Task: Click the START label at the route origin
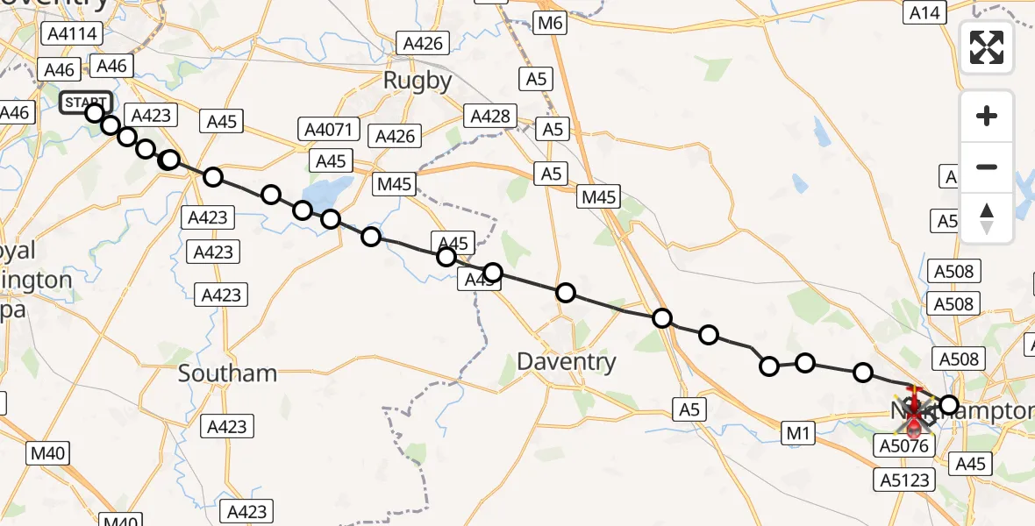(85, 103)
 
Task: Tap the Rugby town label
(418, 82)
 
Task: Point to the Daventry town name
(566, 361)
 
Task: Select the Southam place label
(227, 373)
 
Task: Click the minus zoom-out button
(987, 167)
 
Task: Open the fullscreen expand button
(987, 46)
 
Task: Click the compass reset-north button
(987, 217)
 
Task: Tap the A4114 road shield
(72, 34)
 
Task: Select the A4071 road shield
(328, 130)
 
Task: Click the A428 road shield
(490, 116)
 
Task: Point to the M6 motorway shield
(549, 23)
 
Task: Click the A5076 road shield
(903, 446)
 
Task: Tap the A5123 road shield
(903, 480)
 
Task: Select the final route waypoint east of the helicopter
(949, 405)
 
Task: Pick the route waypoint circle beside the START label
(95, 112)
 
